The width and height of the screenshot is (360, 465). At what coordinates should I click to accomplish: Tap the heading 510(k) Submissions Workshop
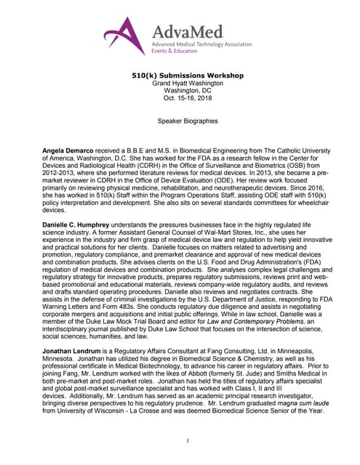click(179, 75)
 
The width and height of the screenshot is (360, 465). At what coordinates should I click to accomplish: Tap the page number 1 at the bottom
click(188, 440)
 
